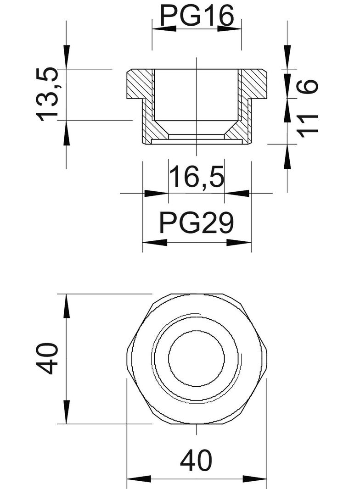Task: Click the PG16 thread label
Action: pyautogui.click(x=197, y=16)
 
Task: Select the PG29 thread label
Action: pyautogui.click(x=197, y=223)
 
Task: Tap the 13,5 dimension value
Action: pyautogui.click(x=47, y=94)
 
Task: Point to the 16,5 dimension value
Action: pyautogui.click(x=197, y=177)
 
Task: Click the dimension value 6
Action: pyautogui.click(x=308, y=85)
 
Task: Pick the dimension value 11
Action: pyautogui.click(x=308, y=126)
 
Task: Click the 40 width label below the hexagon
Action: pyautogui.click(x=196, y=460)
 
